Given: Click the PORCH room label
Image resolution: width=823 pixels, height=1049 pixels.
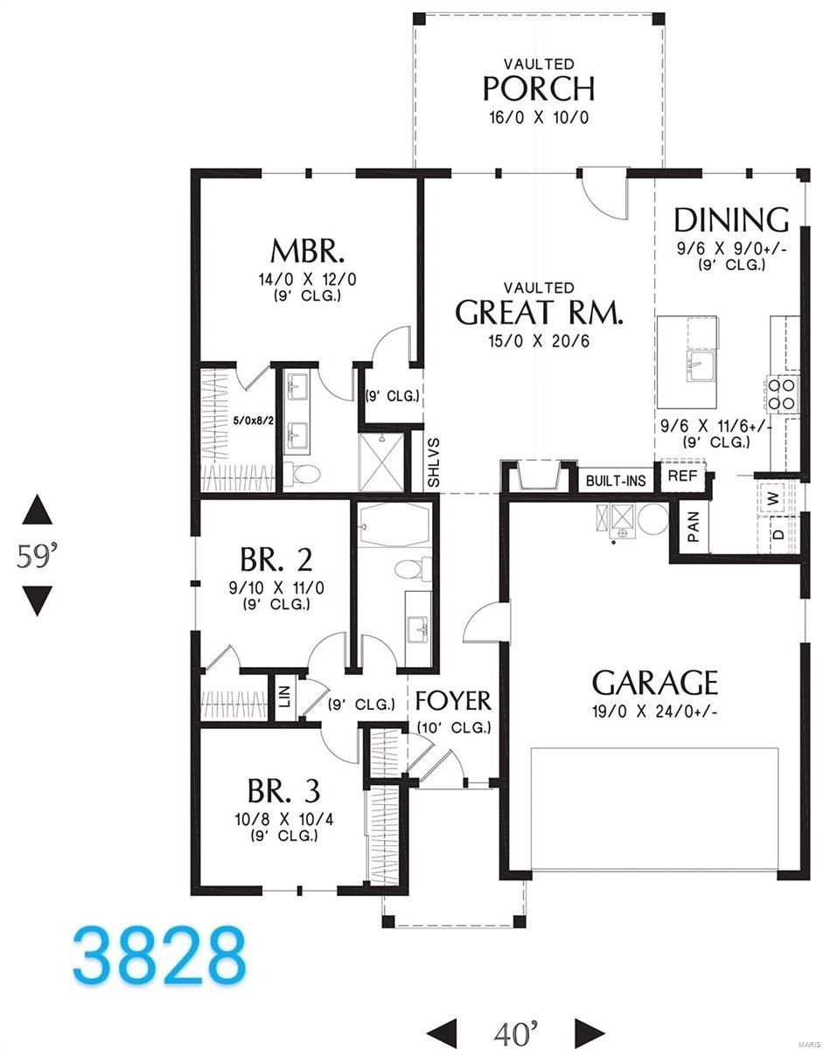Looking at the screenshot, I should [x=539, y=88].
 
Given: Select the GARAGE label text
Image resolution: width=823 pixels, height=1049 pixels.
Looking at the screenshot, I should [x=655, y=682].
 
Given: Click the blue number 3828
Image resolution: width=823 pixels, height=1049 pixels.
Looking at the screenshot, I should [x=159, y=955].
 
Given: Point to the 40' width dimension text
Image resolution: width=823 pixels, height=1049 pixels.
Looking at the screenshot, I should [x=515, y=1032].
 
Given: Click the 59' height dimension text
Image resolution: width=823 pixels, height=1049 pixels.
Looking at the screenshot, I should [x=37, y=556].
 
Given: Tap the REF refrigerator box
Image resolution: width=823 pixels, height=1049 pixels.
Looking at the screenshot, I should [x=681, y=476].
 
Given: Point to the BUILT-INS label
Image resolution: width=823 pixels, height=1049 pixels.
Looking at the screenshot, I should [x=616, y=481].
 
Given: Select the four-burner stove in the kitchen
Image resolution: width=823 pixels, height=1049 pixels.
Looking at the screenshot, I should [x=784, y=393].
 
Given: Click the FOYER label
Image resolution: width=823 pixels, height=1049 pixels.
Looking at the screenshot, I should [x=453, y=700].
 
